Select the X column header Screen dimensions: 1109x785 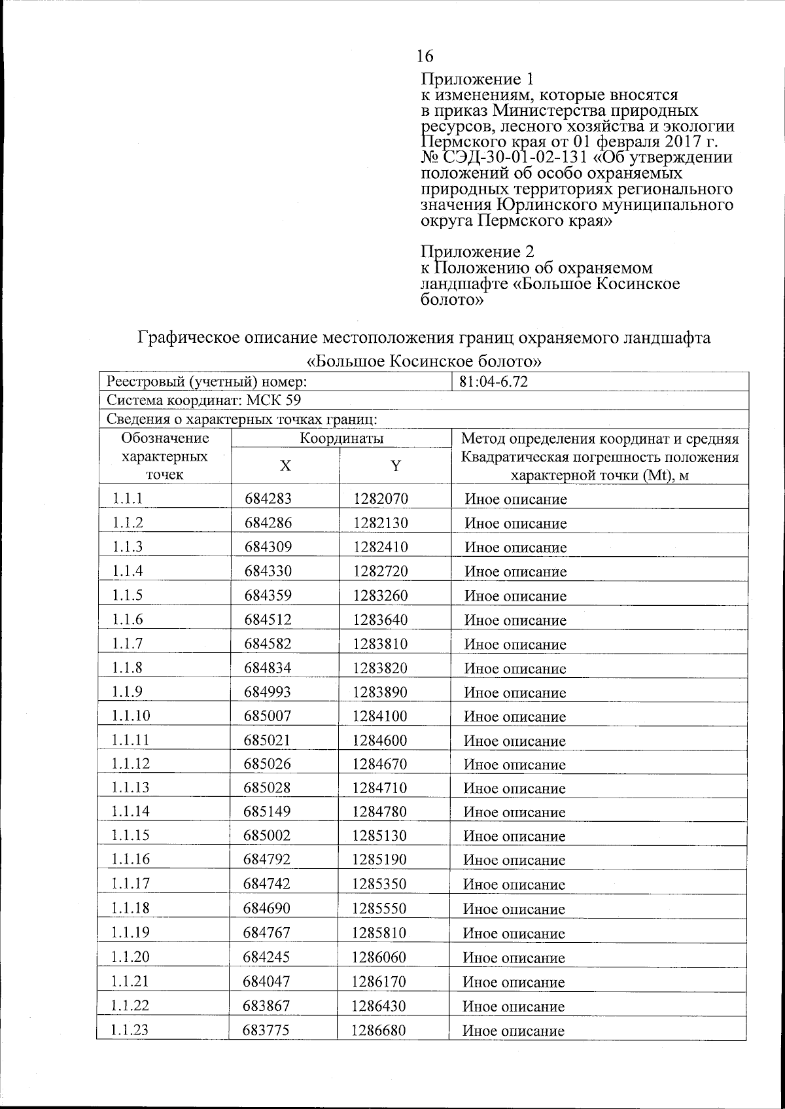285,466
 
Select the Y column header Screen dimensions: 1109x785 395,466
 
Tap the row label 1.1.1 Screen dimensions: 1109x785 128,499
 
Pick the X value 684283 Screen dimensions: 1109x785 268,499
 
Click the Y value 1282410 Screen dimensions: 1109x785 381,547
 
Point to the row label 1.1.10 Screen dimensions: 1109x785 131,716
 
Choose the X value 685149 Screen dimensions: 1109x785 268,812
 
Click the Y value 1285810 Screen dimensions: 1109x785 379,933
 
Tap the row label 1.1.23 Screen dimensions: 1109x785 130,1030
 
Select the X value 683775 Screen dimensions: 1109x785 267,1030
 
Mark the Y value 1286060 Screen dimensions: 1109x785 379,957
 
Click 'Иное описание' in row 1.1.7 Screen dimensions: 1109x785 515,644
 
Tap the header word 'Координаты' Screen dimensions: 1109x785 341,438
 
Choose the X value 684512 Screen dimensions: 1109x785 268,620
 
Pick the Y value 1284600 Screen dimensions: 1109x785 380,740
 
